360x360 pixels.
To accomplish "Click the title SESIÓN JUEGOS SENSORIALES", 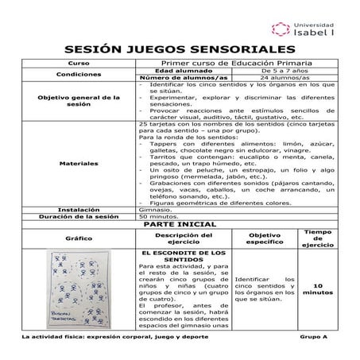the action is click(x=179, y=49).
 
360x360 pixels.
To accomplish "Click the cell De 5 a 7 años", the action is click(x=287, y=70).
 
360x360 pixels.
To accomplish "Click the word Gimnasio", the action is click(x=154, y=210).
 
